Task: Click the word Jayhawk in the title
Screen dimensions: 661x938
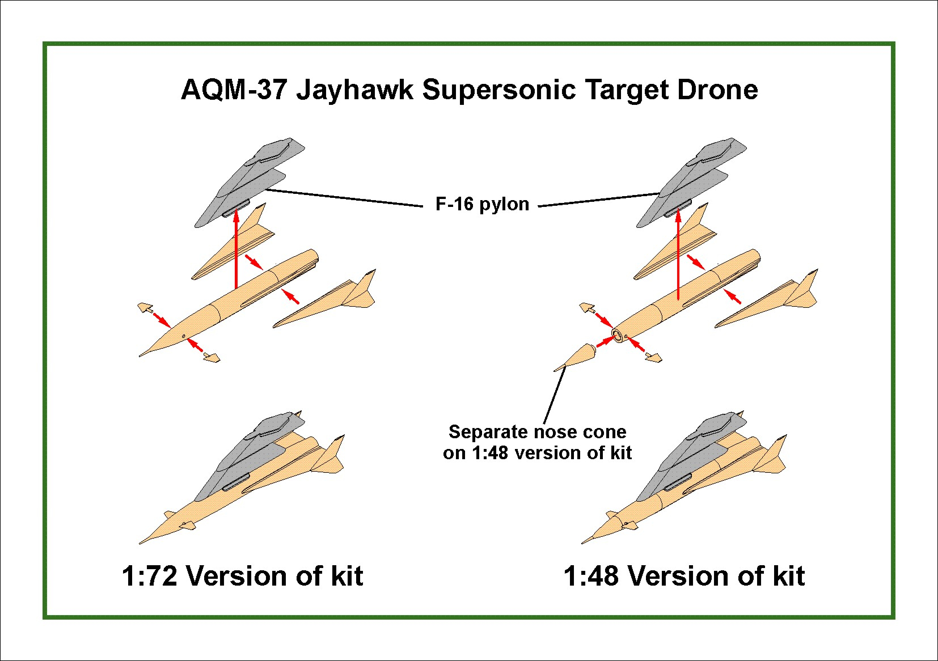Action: click(354, 90)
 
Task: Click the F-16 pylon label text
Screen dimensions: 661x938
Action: click(482, 204)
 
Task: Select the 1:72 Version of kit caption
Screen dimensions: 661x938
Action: click(242, 576)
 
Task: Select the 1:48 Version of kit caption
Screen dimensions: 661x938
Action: click(683, 576)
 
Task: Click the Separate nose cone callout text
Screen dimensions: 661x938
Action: click(537, 442)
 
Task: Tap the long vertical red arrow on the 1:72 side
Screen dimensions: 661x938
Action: click(236, 249)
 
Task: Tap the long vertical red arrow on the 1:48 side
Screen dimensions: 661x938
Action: click(678, 255)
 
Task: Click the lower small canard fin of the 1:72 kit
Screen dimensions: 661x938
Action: click(212, 358)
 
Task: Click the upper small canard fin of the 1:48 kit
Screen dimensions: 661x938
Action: click(587, 308)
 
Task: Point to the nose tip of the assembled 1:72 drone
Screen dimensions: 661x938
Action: click(142, 542)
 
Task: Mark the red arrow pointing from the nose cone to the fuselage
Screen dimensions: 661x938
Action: click(605, 342)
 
